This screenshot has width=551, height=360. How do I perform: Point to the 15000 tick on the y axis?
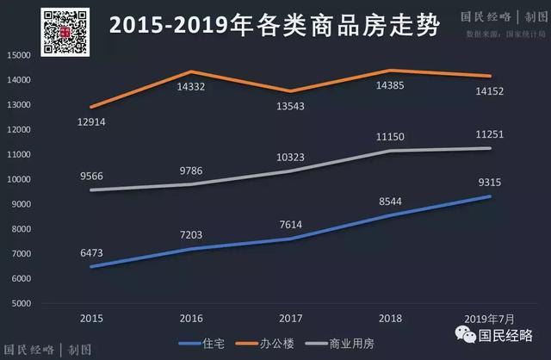point(19,55)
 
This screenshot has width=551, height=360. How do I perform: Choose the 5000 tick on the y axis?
point(22,304)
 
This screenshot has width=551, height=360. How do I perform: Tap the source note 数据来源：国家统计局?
point(505,34)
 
